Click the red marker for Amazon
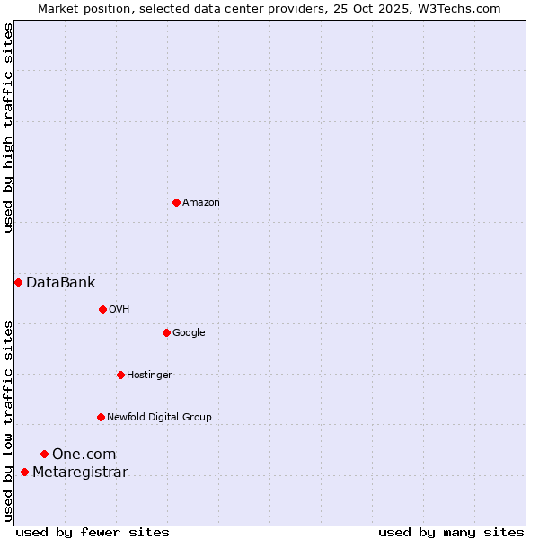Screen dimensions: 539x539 pos(176,202)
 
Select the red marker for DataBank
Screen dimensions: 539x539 pos(18,282)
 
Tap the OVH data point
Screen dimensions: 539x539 pos(102,309)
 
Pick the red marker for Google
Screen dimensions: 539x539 pos(166,332)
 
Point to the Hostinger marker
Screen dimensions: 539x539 pos(120,375)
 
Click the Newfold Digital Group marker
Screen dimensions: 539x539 pos(101,417)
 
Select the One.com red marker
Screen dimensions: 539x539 pos(44,454)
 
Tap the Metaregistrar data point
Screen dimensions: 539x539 pos(24,473)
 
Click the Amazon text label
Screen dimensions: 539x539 pos(201,202)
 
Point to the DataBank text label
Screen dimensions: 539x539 pos(61,282)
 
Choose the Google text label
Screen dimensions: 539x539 pos(189,332)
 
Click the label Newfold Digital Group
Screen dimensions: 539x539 pos(159,417)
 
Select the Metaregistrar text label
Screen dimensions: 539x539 pos(80,473)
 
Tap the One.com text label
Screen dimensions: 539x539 pos(84,454)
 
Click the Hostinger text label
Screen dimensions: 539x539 pos(149,375)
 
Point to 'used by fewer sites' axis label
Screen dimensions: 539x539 pos(93,532)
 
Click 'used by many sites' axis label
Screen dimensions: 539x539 pos(451,532)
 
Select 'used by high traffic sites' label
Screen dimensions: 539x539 pos(8,128)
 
